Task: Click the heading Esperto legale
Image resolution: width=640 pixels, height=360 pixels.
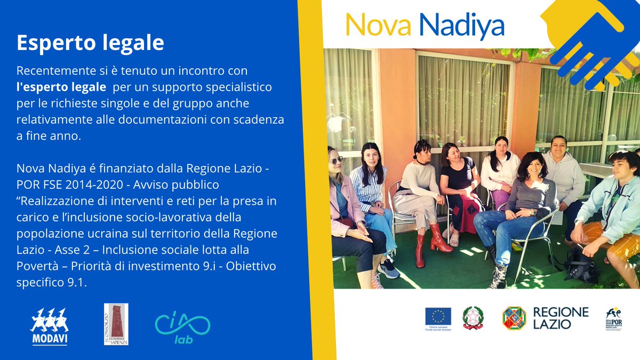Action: coord(90,43)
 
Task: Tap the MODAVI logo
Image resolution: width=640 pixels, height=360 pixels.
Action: coord(49,326)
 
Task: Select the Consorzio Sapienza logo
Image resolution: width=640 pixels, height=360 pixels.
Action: coord(116,324)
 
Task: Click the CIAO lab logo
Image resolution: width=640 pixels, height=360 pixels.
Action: coord(182,327)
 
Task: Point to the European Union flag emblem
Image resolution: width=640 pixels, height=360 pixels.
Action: coord(438,317)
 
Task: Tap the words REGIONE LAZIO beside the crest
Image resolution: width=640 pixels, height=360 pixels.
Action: coord(560,318)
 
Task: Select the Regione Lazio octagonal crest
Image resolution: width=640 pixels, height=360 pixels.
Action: coord(514,318)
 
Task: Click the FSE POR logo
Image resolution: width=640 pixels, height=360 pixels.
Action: coord(613,319)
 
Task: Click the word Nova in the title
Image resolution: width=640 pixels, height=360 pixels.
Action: coord(378,25)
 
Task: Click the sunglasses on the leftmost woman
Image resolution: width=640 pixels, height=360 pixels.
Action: coord(336,160)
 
